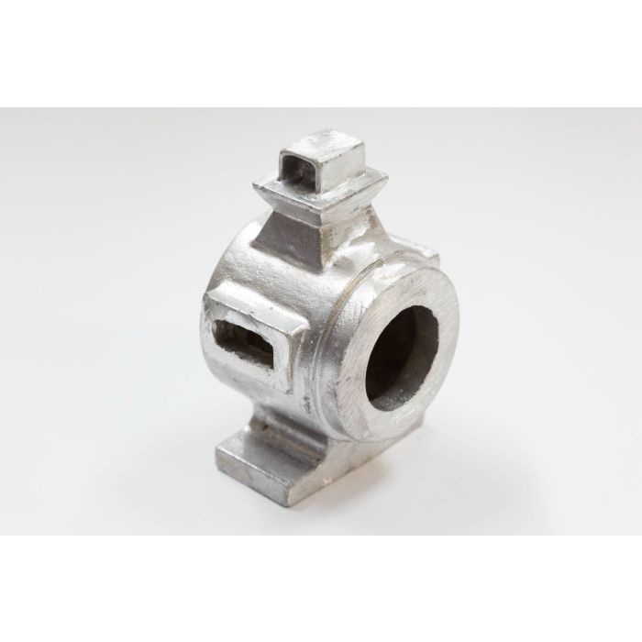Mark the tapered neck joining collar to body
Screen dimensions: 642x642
pos(307,234)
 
